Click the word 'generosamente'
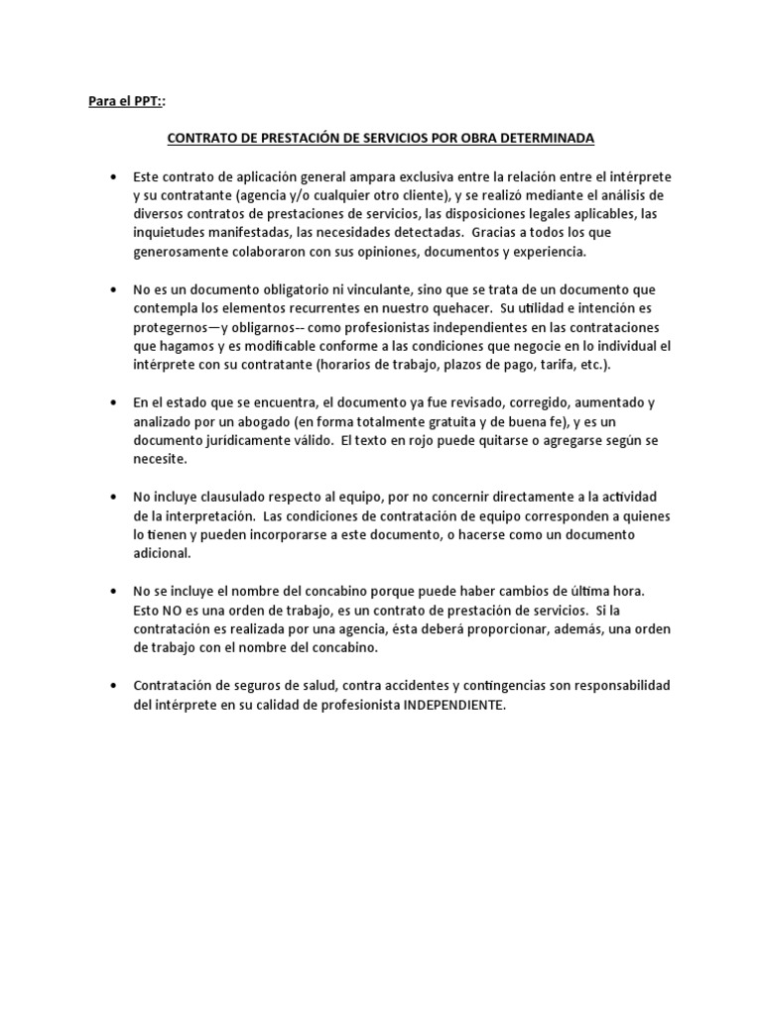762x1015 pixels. [x=183, y=252]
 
